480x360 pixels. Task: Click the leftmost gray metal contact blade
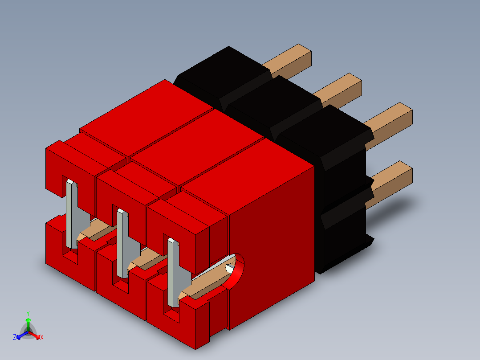click(72, 214)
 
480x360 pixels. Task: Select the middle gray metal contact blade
click(122, 243)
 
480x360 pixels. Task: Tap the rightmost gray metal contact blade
click(173, 272)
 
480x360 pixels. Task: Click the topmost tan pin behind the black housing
click(289, 61)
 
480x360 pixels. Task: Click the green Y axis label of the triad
click(28, 313)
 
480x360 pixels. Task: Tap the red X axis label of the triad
click(42, 338)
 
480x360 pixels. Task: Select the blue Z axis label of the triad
click(15, 338)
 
